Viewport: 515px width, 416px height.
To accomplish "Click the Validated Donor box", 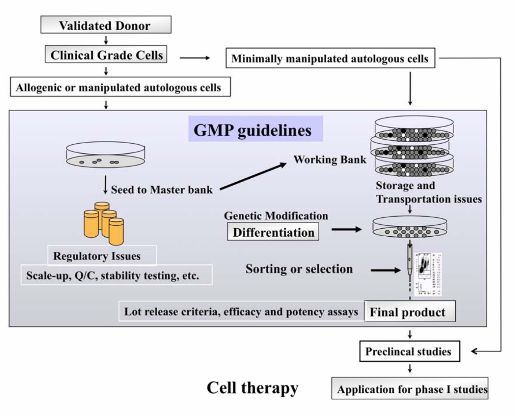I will [x=106, y=25].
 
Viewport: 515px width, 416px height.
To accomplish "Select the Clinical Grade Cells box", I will [x=106, y=55].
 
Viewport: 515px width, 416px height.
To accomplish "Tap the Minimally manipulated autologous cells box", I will [x=330, y=58].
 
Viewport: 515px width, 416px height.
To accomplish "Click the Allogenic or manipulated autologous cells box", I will [x=120, y=87].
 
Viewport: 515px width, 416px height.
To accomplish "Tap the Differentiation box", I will [x=273, y=232].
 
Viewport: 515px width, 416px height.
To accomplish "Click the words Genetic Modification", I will [x=276, y=216].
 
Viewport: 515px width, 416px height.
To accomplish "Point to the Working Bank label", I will [x=329, y=160].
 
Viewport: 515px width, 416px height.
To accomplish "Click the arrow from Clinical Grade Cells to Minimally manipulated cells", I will [x=195, y=58].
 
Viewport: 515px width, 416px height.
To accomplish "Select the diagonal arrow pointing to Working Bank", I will [x=253, y=176].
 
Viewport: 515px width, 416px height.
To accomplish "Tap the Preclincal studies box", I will [x=409, y=351].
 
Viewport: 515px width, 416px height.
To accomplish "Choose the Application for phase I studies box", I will [x=409, y=389].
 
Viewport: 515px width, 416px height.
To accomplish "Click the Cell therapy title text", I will [x=252, y=388].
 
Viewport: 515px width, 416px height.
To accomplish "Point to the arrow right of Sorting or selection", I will [x=385, y=270].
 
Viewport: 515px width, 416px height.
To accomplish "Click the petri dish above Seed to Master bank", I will [x=106, y=155].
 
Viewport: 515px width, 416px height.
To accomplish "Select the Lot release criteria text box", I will [x=241, y=311].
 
